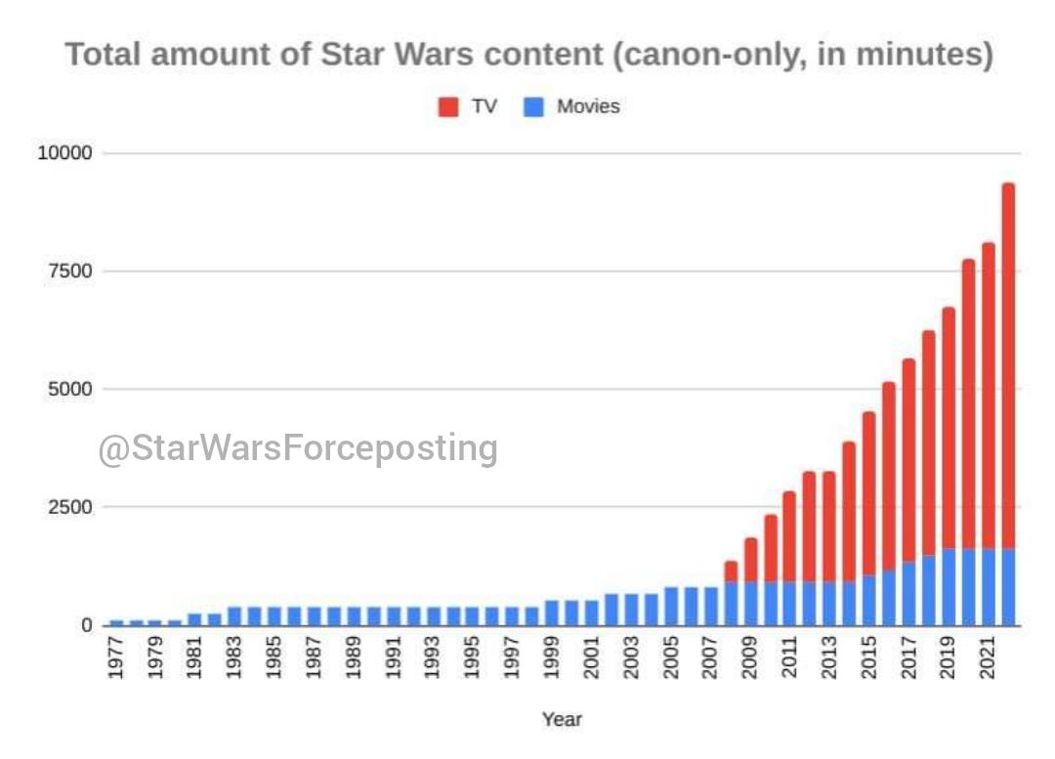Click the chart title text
coord(528,55)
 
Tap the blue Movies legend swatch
coord(533,106)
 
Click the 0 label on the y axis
coord(85,625)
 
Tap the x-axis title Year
coord(562,720)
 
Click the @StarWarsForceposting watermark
coord(298,448)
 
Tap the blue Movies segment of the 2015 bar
coord(869,601)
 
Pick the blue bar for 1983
coord(235,616)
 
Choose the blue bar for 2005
coord(671,607)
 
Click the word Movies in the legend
coord(588,106)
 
